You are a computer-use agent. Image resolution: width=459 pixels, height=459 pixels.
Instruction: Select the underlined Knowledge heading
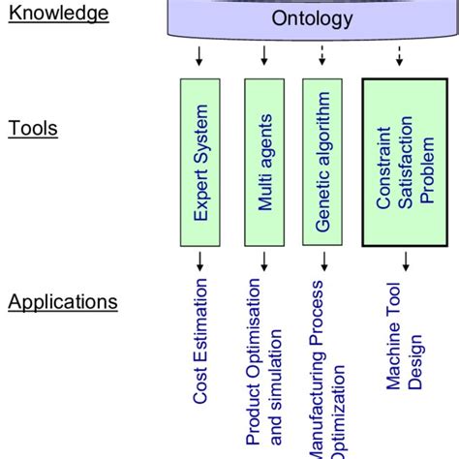59,13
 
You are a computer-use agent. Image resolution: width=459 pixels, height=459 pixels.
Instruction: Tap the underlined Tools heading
33,129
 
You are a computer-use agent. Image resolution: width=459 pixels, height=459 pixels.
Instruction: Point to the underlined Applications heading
63,302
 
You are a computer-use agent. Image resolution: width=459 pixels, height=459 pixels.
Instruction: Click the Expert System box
201,162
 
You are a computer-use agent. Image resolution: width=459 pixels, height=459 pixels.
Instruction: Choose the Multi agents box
265,162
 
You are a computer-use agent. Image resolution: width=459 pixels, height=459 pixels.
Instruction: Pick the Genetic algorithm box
323,162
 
